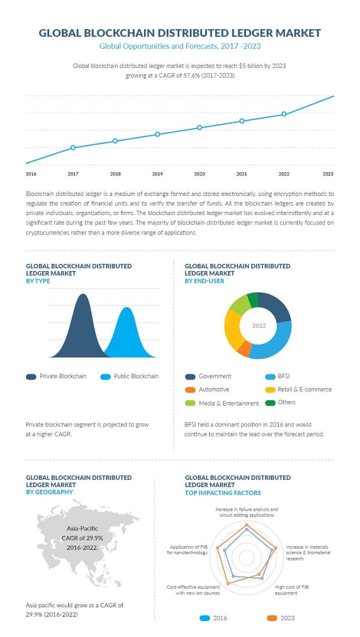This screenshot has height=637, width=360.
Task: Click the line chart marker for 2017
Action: pos(73,148)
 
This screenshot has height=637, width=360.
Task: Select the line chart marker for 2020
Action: pos(200,128)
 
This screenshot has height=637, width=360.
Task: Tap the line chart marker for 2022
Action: pos(284,114)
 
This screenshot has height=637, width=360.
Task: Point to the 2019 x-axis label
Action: pos(157,174)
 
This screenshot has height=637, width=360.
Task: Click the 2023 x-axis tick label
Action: pos(328,174)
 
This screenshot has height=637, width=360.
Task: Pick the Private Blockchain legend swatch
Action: pos(31,376)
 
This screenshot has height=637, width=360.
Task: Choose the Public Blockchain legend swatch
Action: pos(106,376)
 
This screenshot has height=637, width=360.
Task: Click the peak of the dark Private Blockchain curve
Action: pos(82,295)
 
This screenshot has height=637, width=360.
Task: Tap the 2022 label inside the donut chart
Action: pos(259,326)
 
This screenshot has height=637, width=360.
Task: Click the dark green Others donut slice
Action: pos(252,300)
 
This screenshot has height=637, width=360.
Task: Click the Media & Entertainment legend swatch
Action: pos(190,403)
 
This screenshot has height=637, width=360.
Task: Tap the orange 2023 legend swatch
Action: pos(272,618)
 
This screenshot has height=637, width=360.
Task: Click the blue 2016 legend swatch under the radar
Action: pos(205,618)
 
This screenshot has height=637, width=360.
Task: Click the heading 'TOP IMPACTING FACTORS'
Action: pos(223,493)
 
